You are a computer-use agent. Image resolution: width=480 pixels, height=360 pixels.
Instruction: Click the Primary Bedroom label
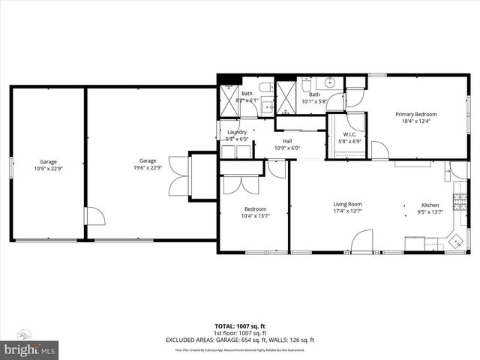point(416,114)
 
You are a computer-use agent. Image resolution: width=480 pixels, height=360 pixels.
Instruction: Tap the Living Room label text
point(348,204)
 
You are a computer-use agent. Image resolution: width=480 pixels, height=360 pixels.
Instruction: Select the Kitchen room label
point(430,204)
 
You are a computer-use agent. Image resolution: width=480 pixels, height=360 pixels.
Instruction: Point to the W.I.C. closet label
point(349,135)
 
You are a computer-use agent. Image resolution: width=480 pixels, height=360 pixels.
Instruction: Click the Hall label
point(287,141)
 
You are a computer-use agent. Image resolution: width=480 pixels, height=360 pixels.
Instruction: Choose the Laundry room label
point(237,133)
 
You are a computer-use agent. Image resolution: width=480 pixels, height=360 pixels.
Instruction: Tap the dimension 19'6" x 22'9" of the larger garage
point(147,167)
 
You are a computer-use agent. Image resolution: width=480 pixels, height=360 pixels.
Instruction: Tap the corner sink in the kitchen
point(454,241)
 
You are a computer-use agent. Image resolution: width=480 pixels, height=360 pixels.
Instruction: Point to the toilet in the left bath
point(267,85)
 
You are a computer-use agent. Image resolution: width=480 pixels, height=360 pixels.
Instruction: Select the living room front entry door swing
point(361,242)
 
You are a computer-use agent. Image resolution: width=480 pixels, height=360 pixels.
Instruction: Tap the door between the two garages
point(91,217)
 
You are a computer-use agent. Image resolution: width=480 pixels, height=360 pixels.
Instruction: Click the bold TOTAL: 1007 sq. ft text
point(239,326)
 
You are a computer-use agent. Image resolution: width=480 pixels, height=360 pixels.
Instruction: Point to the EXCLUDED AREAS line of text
point(239,340)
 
